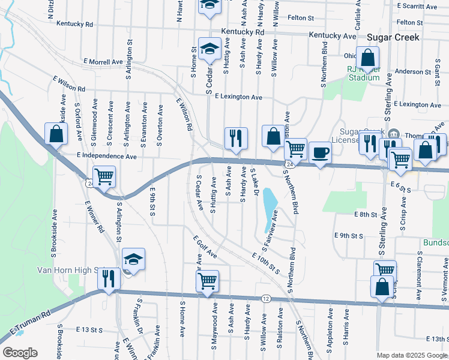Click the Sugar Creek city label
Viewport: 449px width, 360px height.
click(393, 37)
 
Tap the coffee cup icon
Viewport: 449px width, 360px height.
click(320, 152)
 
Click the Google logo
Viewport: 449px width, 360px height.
click(20, 353)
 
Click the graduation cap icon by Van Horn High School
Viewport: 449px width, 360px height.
click(134, 259)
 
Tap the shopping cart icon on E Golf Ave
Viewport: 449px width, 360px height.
click(207, 280)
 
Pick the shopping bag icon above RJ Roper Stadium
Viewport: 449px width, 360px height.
click(368, 58)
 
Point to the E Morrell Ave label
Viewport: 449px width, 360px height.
click(103, 62)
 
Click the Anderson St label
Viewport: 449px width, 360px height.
click(413, 71)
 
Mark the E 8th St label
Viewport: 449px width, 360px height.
click(365, 214)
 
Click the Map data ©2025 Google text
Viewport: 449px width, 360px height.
click(412, 355)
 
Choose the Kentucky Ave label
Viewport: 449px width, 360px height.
click(333, 36)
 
